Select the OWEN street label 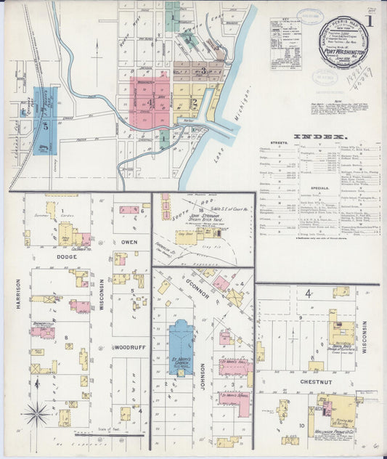pyautogui.click(x=129, y=242)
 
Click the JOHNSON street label pyautogui.click(x=203, y=376)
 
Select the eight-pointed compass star pyautogui.click(x=36, y=414)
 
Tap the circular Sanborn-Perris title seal pyautogui.click(x=346, y=44)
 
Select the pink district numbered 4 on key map pyautogui.click(x=149, y=102)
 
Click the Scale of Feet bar pyautogui.click(x=120, y=435)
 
